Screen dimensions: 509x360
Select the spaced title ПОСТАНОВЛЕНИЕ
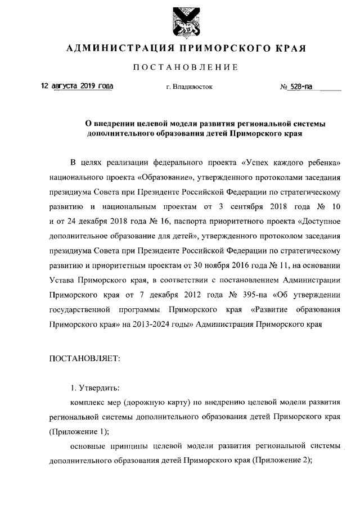[x=186, y=69]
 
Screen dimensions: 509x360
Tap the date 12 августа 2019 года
[x=76, y=87]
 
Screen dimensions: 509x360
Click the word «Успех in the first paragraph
[x=257, y=164]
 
